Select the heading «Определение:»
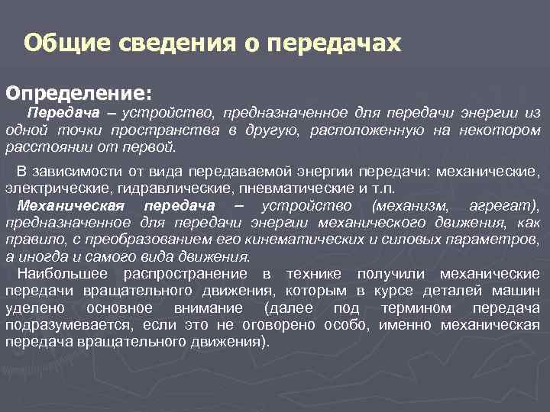point(79,92)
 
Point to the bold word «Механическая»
point(69,206)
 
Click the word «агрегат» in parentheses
point(505,206)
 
